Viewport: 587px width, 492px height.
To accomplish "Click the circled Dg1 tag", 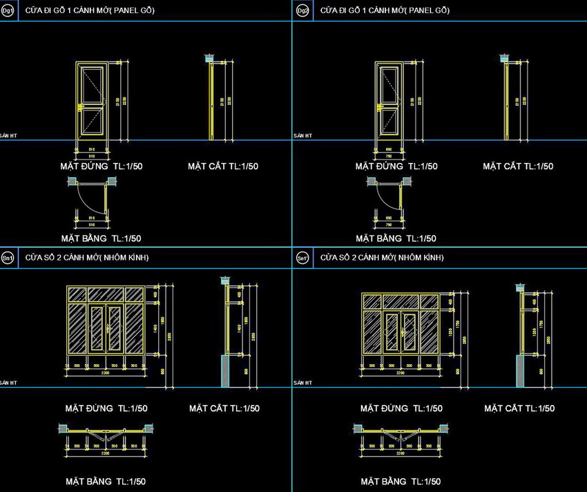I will [x=8, y=11].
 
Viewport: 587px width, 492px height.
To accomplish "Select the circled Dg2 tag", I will [x=302, y=11].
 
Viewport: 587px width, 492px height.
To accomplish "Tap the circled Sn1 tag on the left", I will [x=8, y=258].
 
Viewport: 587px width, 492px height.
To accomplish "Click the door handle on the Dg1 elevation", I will [x=81, y=108].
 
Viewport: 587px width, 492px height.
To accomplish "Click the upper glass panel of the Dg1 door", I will [x=92, y=86].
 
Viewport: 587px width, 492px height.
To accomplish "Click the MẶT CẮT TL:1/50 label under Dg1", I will [x=223, y=166].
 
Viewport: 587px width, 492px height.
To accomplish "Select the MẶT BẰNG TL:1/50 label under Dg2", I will [x=396, y=238].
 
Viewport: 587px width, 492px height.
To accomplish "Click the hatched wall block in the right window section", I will [x=519, y=372].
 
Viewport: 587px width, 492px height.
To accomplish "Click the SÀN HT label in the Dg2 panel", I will [x=302, y=135].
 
